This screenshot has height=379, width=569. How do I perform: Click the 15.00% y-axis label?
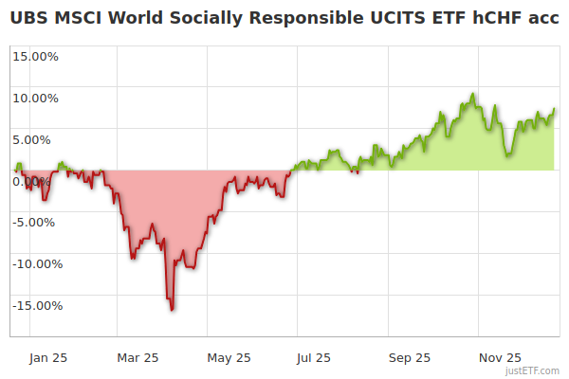(x=36, y=56)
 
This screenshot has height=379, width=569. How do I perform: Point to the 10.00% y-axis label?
(x=36, y=98)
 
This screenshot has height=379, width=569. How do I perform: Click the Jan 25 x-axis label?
(x=47, y=357)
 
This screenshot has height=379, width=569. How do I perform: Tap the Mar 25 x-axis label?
(x=138, y=357)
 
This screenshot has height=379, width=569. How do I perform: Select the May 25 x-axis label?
(x=229, y=357)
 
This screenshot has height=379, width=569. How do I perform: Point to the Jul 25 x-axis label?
(x=315, y=357)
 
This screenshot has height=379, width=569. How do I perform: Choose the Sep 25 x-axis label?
(x=410, y=357)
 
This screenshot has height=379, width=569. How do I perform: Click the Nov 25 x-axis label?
(x=500, y=357)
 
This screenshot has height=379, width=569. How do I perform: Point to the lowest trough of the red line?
(x=172, y=309)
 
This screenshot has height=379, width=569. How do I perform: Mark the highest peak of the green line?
(x=472, y=94)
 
